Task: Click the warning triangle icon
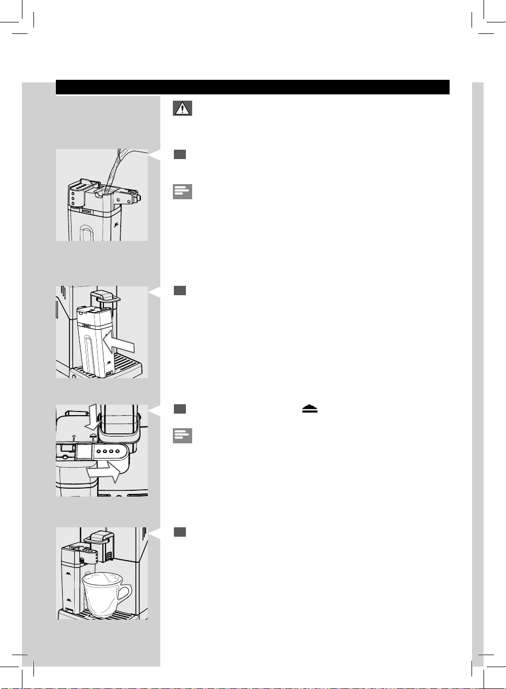tap(182, 108)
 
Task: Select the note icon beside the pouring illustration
tap(182, 191)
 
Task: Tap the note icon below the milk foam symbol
tap(182, 436)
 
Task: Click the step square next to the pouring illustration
tap(180, 154)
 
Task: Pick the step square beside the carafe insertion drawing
tap(180, 291)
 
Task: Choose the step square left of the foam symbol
tap(180, 408)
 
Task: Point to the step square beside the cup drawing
tap(180, 532)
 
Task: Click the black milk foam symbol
tap(310, 409)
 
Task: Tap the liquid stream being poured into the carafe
tap(112, 170)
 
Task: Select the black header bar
tap(252, 87)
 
